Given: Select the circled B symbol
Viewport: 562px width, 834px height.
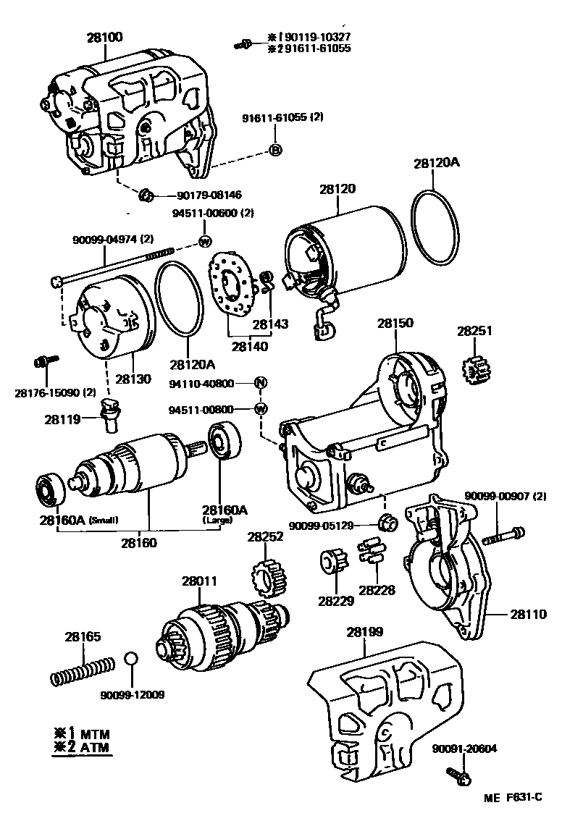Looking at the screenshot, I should coord(275,150).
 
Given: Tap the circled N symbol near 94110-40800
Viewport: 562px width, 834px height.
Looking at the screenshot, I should coord(261,383).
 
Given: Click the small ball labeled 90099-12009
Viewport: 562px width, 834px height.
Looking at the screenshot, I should coord(131,660).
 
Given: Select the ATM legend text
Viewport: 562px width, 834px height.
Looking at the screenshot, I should coord(95,748).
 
